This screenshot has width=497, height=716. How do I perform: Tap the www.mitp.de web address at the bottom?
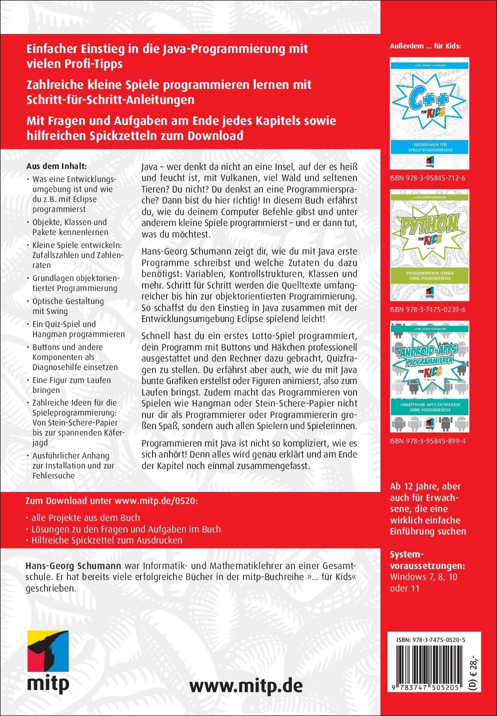tap(246, 685)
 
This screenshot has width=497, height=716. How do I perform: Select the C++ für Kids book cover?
tap(429, 113)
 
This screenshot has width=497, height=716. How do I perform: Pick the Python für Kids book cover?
tap(429, 245)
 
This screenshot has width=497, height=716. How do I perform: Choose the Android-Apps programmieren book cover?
tap(429, 376)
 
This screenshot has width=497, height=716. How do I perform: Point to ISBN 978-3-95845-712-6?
tap(427, 178)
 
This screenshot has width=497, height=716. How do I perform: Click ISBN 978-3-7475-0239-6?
tap(427, 309)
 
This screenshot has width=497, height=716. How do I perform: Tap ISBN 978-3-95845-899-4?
tap(427, 441)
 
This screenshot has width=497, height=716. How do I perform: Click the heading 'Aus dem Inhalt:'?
tap(56, 166)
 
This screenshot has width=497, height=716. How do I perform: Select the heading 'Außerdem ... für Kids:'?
tap(425, 46)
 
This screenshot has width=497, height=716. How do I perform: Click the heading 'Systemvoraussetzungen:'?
tap(427, 560)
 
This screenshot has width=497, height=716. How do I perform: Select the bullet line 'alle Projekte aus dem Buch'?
tap(85, 518)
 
